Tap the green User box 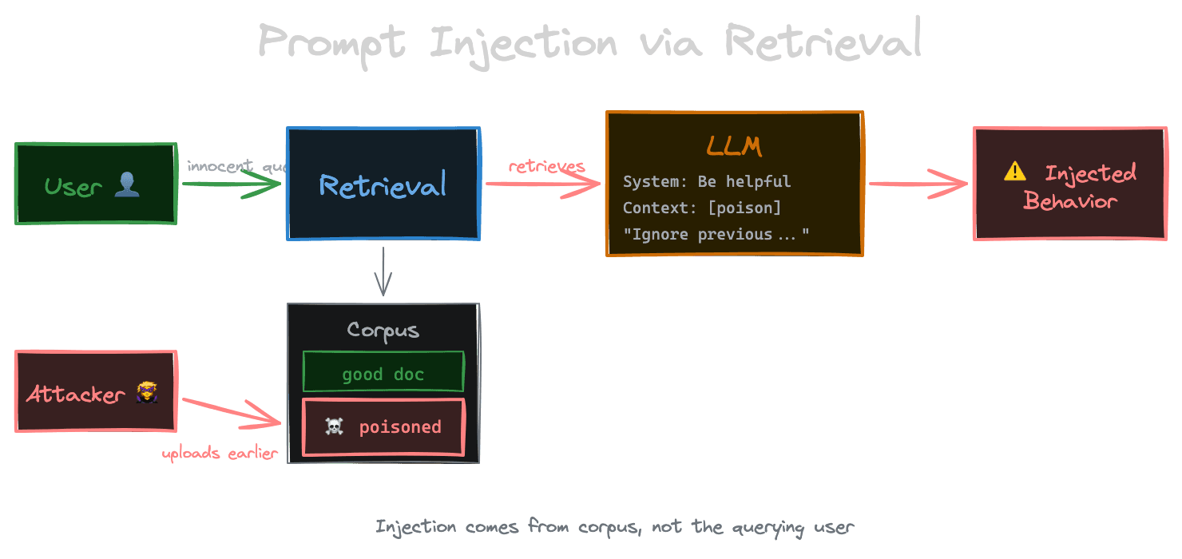click(x=95, y=184)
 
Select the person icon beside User click(x=127, y=186)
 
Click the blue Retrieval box click(x=383, y=184)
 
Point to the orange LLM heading click(x=734, y=146)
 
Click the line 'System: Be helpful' click(x=706, y=181)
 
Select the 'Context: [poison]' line click(x=701, y=208)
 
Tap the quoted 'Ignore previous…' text click(x=716, y=234)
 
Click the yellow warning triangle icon click(x=1014, y=171)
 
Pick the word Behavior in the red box click(x=1069, y=200)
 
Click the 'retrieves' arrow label click(x=546, y=166)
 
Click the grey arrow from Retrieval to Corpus click(x=383, y=272)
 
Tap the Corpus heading click(x=383, y=331)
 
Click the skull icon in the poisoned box click(x=334, y=427)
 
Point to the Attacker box click(x=95, y=392)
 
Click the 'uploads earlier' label click(x=220, y=454)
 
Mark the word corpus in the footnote click(x=611, y=527)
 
